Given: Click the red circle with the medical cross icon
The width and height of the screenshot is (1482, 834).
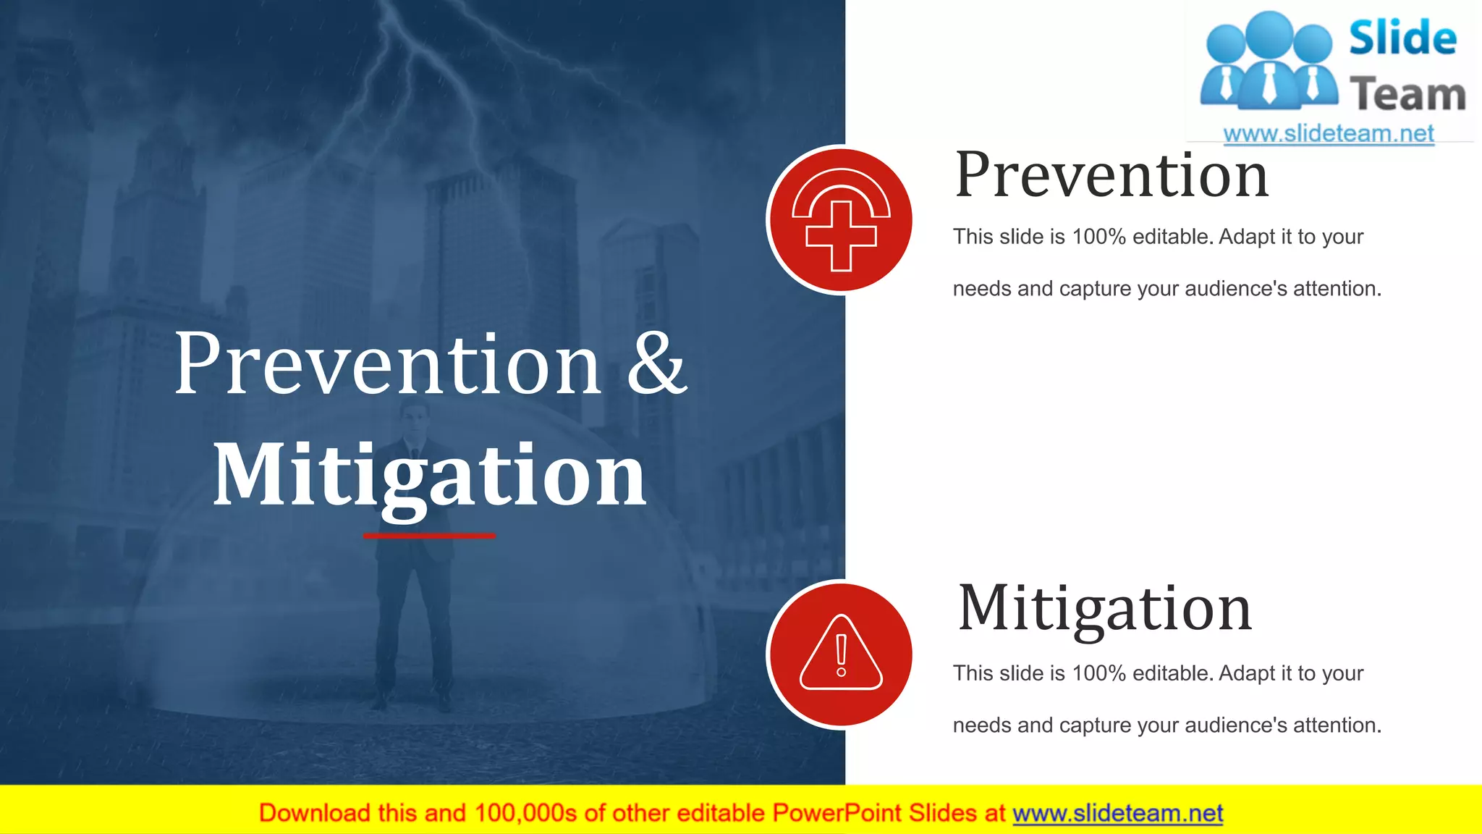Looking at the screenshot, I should tap(840, 220).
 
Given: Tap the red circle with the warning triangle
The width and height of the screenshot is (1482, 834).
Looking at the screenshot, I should tap(840, 654).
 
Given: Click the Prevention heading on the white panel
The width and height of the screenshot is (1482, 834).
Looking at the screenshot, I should tap(1111, 175).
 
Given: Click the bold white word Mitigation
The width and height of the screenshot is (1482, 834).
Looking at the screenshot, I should tap(429, 476).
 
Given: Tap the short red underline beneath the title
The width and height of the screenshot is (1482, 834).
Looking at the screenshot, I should tap(429, 536).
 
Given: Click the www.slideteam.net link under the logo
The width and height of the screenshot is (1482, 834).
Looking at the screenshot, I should tap(1329, 134).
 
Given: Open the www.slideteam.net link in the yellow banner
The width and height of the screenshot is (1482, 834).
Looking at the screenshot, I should tap(1117, 814).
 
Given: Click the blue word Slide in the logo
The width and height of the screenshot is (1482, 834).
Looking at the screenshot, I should tap(1402, 38).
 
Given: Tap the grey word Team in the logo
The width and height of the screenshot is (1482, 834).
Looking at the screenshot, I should tap(1407, 95).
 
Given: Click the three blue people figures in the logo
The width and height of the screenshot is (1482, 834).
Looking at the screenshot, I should tap(1268, 62).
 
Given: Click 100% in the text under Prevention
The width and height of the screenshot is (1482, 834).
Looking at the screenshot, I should tap(1098, 237).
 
